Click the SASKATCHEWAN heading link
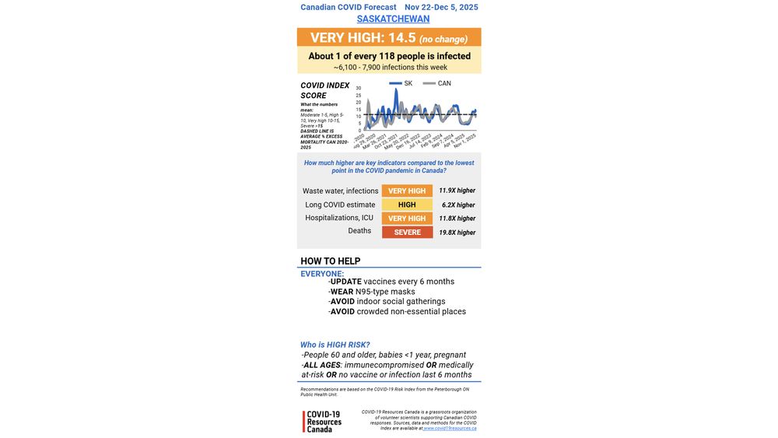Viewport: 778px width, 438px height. (393, 19)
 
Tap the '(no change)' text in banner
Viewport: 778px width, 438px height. (443, 39)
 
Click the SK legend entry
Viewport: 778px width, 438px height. (401, 83)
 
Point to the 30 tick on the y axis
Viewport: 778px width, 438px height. (359, 89)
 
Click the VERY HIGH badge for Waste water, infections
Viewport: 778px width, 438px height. (407, 191)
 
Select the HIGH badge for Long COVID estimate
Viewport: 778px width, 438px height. (407, 205)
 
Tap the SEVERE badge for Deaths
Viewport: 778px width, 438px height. (407, 232)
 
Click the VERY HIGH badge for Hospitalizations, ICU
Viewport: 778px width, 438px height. (407, 219)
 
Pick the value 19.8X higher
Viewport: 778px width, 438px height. (457, 233)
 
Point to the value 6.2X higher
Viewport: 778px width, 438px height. (458, 205)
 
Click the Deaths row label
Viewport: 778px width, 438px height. (359, 231)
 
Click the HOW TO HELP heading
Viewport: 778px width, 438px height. (331, 261)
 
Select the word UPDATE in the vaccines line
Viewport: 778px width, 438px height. (345, 282)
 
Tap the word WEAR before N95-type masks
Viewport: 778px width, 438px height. (342, 292)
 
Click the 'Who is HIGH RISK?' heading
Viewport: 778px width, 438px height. (335, 345)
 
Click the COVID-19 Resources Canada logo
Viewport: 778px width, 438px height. (323, 422)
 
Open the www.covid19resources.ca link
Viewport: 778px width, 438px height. (450, 428)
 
